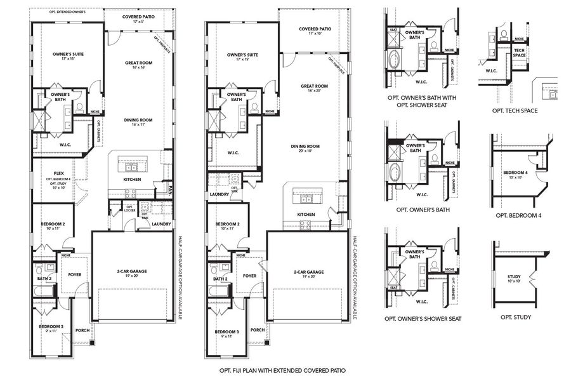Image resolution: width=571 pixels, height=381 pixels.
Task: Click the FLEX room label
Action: pos(58,173)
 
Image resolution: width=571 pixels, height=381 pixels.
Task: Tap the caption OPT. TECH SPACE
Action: pos(515,110)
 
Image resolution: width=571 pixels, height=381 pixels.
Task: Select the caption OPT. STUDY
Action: pos(515,317)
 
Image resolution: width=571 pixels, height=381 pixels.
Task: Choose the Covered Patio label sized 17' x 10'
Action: pos(315,30)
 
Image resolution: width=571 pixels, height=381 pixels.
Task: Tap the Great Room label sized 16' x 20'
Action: pos(314,88)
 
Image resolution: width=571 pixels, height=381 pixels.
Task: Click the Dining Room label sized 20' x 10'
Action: pos(305,148)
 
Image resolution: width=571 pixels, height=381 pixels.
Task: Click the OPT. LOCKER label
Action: pos(130,208)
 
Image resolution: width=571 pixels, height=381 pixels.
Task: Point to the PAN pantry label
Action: pos(171,188)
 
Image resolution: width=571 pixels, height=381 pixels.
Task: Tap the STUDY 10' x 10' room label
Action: pos(514,278)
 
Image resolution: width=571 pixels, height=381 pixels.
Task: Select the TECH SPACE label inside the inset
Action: pos(519,52)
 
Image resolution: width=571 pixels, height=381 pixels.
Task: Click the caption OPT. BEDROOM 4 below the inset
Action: pos(515,215)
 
